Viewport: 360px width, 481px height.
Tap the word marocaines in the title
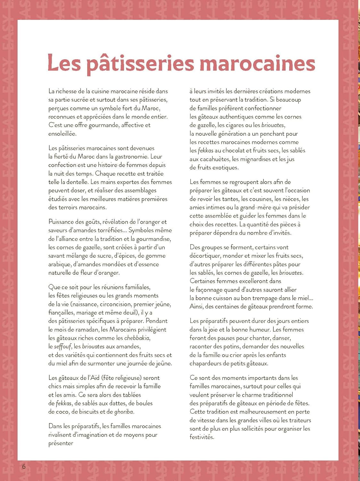(x=257, y=63)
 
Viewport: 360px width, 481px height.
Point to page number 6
(x=23, y=466)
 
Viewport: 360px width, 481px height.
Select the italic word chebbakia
(x=137, y=338)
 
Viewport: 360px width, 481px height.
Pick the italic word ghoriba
(x=124, y=411)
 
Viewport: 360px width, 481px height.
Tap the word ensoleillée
(x=63, y=133)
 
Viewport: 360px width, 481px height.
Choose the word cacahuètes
(x=214, y=159)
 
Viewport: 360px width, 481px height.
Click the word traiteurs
(x=298, y=420)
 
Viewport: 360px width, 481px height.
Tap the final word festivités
(x=202, y=437)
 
